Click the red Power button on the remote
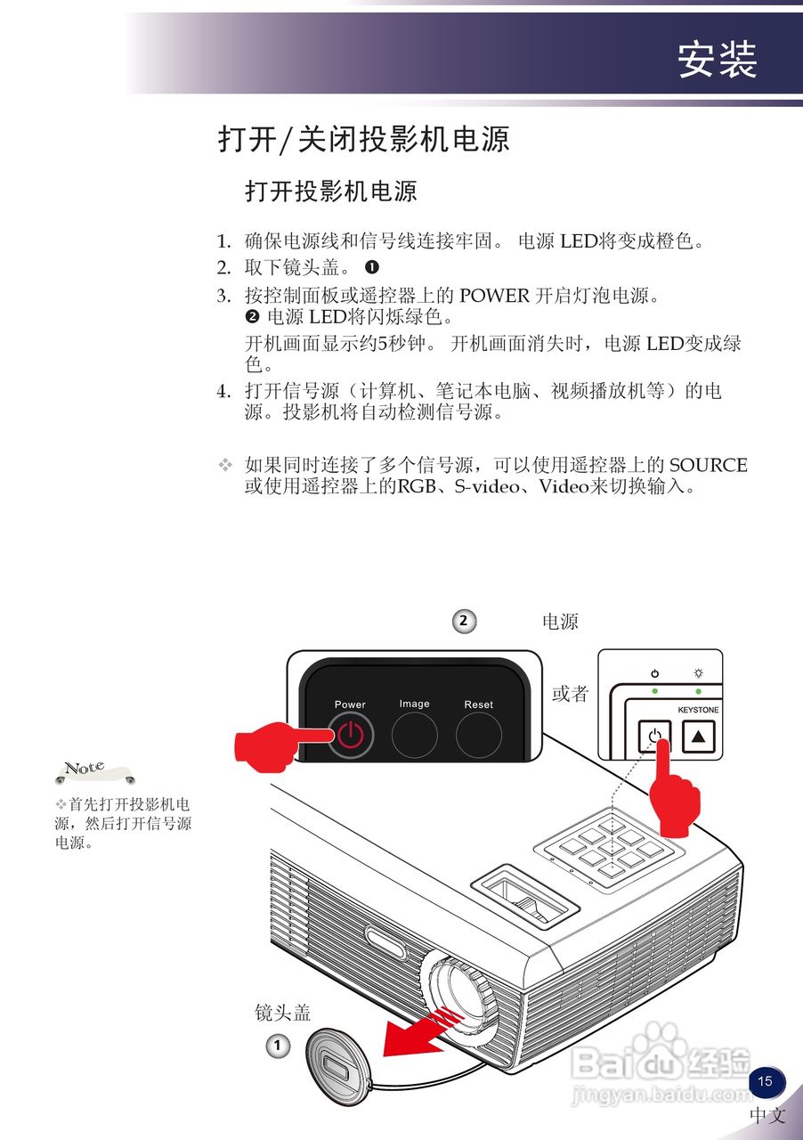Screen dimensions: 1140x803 [351, 736]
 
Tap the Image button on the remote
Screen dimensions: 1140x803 [414, 736]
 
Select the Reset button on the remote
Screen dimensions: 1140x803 [478, 736]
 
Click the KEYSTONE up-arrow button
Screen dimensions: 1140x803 [698, 737]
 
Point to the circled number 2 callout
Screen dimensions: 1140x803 [463, 621]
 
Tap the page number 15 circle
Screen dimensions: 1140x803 [765, 1081]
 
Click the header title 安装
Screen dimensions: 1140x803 [717, 60]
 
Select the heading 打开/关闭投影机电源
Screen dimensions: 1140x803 [363, 140]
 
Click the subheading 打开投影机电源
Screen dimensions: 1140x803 [330, 191]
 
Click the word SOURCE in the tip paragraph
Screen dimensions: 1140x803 [708, 465]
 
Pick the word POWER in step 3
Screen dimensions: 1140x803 [493, 296]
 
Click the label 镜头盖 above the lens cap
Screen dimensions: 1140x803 [282, 1012]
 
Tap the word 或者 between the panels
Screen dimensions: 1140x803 [570, 694]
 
